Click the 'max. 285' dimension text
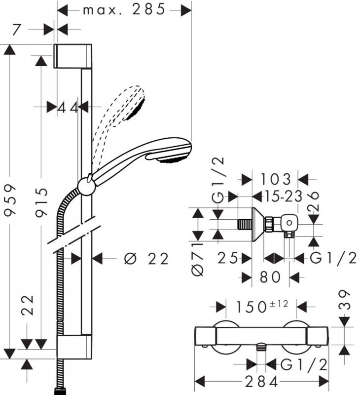pyautogui.click(x=123, y=10)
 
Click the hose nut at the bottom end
pyautogui.click(x=61, y=391)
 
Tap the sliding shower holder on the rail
pyautogui.click(x=87, y=186)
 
